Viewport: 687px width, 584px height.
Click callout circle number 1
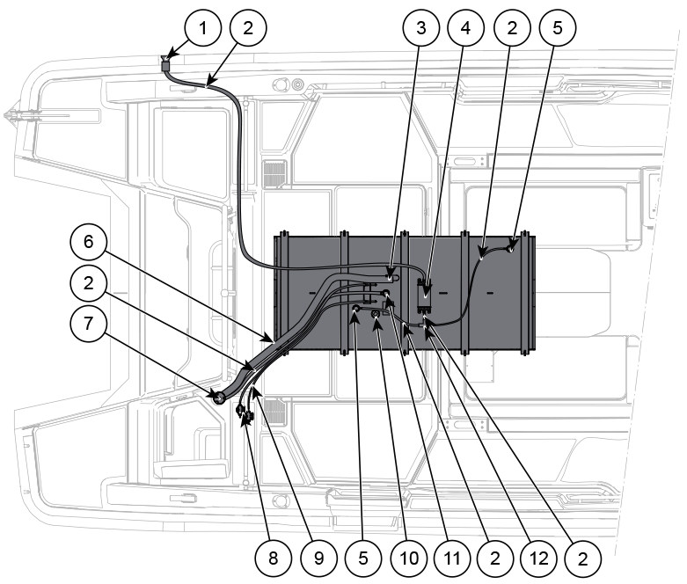(x=203, y=27)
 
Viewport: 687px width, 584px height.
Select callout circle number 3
(x=421, y=27)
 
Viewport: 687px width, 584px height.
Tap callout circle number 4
(x=465, y=27)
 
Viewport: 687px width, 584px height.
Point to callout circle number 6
(x=89, y=241)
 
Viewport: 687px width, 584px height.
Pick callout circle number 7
(x=89, y=324)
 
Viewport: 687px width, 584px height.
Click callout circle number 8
(x=273, y=558)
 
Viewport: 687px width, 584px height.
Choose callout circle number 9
(x=319, y=558)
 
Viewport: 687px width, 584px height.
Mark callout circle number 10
(x=409, y=558)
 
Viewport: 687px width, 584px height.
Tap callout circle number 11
(x=452, y=558)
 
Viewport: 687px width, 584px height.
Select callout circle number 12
(x=539, y=558)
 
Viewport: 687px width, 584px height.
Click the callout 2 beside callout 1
(x=248, y=27)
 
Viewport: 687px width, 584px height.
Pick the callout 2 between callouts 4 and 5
(x=512, y=27)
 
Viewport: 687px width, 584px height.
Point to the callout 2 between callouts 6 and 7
(x=89, y=282)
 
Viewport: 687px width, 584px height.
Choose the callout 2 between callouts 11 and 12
(x=495, y=558)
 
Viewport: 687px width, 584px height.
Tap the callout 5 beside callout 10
(x=363, y=558)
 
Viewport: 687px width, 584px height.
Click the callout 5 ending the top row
(x=558, y=27)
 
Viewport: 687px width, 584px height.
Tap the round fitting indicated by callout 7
(x=218, y=398)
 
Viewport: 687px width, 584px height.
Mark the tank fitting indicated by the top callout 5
(x=510, y=249)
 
